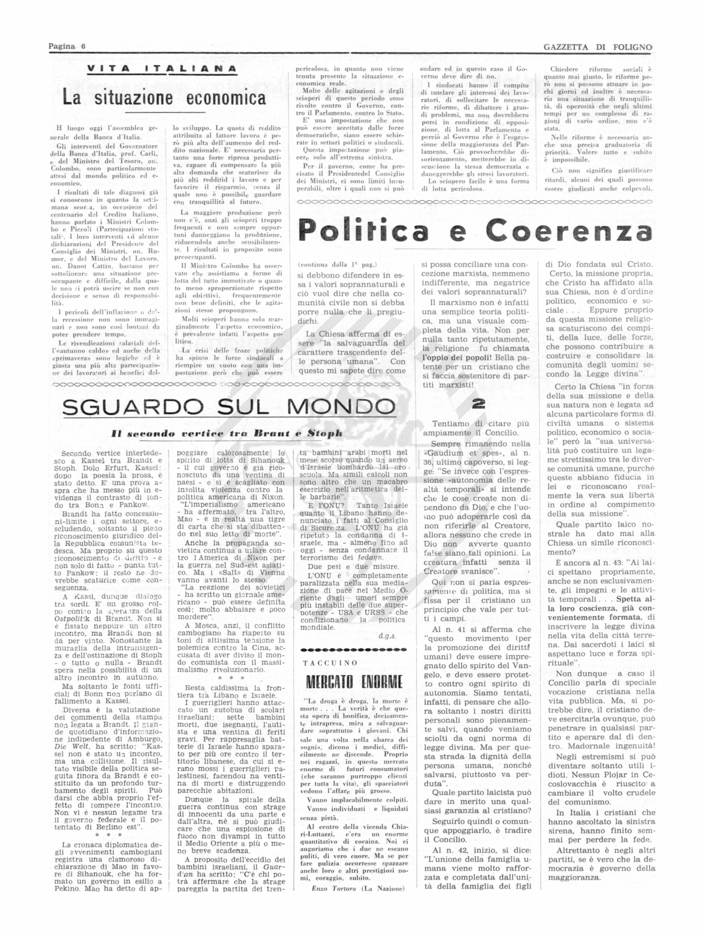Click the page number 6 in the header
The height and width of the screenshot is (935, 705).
click(x=83, y=47)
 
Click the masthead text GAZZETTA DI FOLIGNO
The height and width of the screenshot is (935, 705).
click(x=597, y=47)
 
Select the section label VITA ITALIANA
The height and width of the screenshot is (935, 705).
click(x=162, y=69)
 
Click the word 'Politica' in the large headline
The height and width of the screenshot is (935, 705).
click(x=364, y=230)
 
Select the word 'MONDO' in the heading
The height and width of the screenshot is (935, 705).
click(x=341, y=407)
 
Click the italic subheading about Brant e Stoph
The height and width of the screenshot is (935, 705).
click(x=226, y=433)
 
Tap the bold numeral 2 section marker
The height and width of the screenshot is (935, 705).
click(x=478, y=404)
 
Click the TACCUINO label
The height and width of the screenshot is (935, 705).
click(x=330, y=663)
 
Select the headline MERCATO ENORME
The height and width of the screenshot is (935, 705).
click(x=354, y=682)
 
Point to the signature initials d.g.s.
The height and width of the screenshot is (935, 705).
click(x=387, y=636)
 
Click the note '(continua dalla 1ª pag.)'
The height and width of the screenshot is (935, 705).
click(x=337, y=265)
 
